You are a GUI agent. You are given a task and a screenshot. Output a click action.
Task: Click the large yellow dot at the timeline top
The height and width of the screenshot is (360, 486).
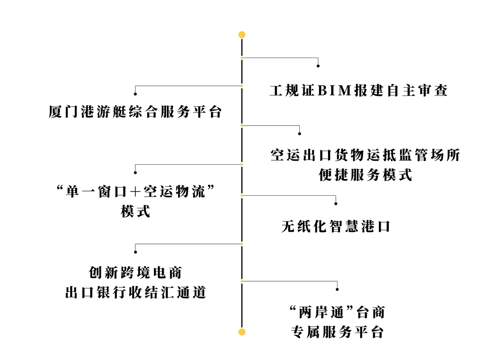(x=242, y=35)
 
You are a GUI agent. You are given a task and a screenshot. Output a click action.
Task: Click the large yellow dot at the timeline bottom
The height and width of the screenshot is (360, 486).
(x=242, y=332)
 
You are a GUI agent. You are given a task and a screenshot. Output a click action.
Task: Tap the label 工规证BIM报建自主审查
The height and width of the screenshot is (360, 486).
(x=359, y=90)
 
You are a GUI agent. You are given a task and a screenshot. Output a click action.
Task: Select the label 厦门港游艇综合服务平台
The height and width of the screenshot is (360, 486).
(x=135, y=112)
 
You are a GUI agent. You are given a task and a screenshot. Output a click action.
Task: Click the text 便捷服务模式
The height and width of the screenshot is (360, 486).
(x=365, y=175)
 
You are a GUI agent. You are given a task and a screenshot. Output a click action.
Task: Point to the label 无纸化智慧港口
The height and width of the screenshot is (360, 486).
(x=336, y=226)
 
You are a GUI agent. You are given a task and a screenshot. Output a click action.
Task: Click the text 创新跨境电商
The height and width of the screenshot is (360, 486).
(x=135, y=273)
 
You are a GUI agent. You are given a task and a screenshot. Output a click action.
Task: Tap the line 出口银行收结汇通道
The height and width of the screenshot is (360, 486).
(x=135, y=292)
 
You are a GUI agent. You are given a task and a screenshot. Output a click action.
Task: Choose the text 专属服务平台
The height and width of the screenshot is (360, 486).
(x=337, y=332)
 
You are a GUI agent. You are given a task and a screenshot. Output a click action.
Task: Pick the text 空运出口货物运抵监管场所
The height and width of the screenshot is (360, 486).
(x=365, y=155)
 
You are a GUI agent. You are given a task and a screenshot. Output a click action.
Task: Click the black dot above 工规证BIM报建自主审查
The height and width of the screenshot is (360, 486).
(x=318, y=66)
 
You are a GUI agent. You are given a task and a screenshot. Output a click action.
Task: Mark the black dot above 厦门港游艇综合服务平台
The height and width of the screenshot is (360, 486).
(x=135, y=94)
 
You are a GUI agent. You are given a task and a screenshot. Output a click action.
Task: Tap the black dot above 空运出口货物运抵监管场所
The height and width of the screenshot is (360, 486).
(x=299, y=134)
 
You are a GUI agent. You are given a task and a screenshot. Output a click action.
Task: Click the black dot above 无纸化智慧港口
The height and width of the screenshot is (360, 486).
(x=336, y=204)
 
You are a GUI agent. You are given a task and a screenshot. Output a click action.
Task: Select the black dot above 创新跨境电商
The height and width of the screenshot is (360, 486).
(x=135, y=252)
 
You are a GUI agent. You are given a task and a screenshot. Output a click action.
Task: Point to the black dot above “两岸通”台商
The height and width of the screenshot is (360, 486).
(x=337, y=289)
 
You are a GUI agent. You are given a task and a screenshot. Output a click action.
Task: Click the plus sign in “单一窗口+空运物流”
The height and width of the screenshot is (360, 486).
(x=135, y=192)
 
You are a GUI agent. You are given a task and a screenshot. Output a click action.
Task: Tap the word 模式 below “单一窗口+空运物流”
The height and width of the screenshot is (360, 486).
(x=135, y=211)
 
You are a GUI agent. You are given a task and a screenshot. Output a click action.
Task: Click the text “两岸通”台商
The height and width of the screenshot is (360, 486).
(x=337, y=312)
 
